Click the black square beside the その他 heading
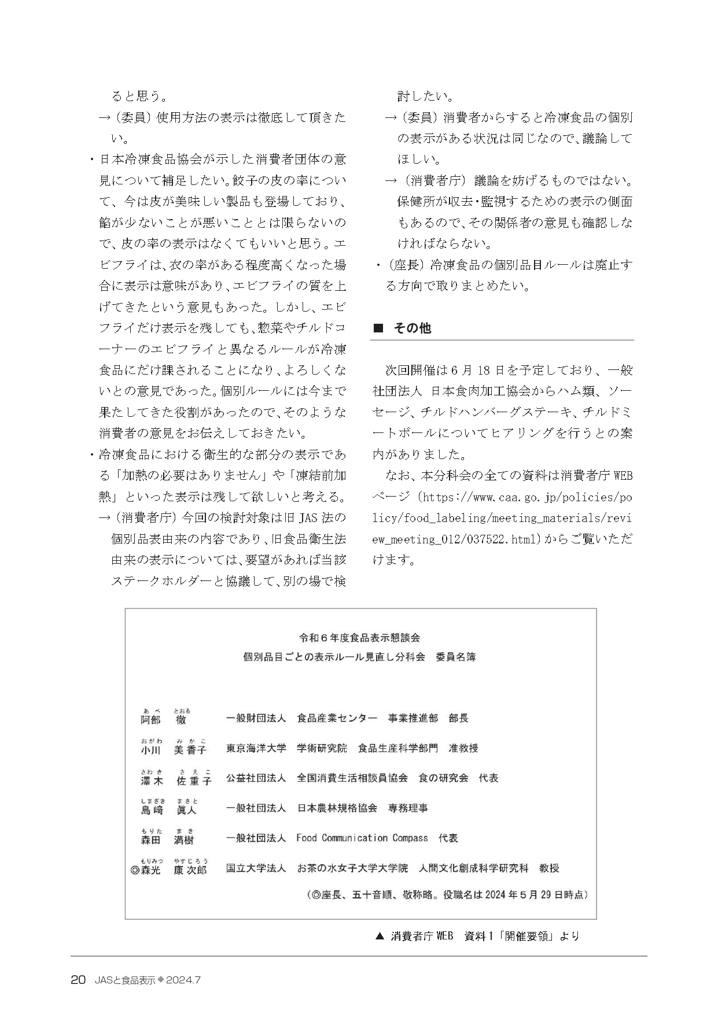tap(379, 328)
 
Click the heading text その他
tap(413, 328)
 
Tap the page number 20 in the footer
tap(78, 980)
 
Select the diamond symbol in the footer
tap(161, 980)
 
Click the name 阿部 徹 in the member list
tap(164, 719)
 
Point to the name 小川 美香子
tap(173, 749)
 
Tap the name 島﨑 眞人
tap(168, 809)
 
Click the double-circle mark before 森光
tap(135, 869)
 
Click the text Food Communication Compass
tap(362, 838)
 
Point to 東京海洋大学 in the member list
tap(256, 749)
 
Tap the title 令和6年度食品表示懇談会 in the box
tap(359, 638)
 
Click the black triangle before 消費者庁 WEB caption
tap(380, 936)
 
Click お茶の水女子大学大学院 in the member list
tap(352, 868)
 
